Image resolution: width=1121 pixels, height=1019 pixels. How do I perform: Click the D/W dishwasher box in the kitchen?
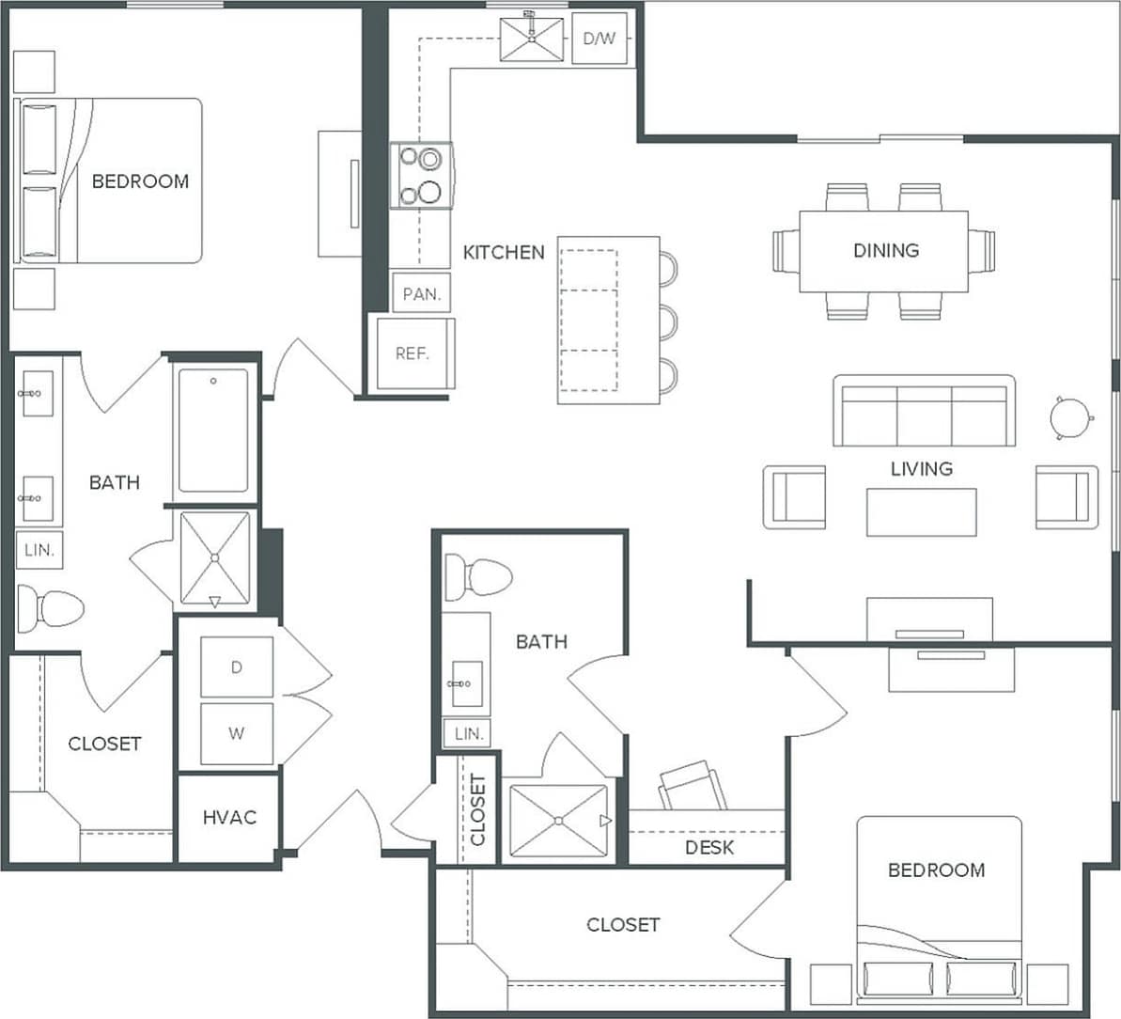point(599,39)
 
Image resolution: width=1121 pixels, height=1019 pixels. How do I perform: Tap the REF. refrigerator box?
point(413,353)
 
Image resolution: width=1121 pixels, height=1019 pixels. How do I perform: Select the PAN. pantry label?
point(421,293)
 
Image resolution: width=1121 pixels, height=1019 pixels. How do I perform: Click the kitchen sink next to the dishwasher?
point(532,39)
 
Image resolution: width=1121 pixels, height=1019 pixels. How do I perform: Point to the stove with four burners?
point(421,176)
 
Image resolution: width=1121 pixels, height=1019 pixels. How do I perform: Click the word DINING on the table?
point(885,250)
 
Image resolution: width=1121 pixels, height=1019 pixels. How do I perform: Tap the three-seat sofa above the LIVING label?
point(924,411)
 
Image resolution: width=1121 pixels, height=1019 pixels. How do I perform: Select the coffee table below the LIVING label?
point(921,512)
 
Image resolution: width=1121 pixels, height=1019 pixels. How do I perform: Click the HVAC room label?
point(229,817)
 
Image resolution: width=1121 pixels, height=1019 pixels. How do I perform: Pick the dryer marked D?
point(237,666)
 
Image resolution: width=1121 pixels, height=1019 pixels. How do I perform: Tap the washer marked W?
point(237,732)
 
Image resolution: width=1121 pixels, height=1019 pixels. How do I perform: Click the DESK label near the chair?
point(709,848)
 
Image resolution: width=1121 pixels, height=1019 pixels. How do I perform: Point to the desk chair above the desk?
point(693,786)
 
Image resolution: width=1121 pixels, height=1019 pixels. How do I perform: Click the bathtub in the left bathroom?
point(213,430)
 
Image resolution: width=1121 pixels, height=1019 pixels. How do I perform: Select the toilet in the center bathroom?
point(477,576)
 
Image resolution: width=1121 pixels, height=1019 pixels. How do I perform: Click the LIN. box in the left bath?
point(39,550)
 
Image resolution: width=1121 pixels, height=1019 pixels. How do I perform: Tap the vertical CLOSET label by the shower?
point(477,809)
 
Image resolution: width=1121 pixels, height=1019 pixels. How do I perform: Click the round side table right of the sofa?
point(1071,415)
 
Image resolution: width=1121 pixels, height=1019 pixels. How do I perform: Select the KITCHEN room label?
point(504,252)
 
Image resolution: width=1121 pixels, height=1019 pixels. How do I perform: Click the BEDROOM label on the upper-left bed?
point(140,180)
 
